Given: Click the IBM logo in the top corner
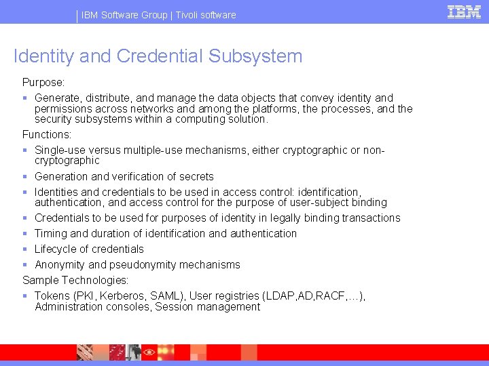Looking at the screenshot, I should coord(464,12).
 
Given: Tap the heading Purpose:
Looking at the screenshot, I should coord(44,82).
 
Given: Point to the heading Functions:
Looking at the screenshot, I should coord(47,134).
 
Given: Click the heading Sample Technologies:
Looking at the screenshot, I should coord(75,280).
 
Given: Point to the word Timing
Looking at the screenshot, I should coord(52,233).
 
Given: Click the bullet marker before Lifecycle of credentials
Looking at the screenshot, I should coord(25,249).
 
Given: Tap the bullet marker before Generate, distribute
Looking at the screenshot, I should coord(25,98).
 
